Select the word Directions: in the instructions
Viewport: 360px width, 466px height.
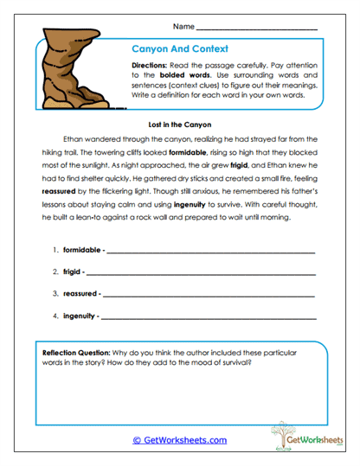(155, 67)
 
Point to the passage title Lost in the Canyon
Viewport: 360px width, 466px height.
(180, 124)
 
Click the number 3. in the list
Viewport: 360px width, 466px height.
(55, 293)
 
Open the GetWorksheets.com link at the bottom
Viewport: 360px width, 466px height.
(180, 440)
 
